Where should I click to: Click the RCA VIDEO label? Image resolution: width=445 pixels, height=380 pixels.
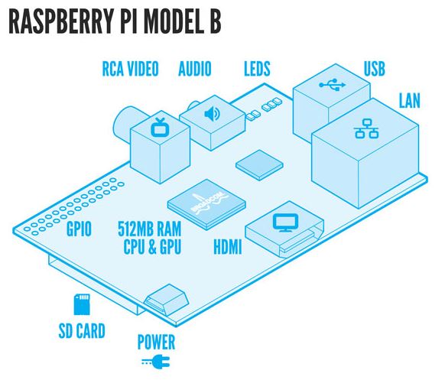tap(130, 70)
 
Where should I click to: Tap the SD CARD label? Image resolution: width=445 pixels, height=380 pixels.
tap(81, 331)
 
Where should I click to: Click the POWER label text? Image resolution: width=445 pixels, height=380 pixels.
tap(156, 341)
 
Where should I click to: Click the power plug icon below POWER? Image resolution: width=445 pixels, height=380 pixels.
tap(154, 362)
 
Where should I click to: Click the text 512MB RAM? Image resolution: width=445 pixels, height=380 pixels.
tap(150, 229)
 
